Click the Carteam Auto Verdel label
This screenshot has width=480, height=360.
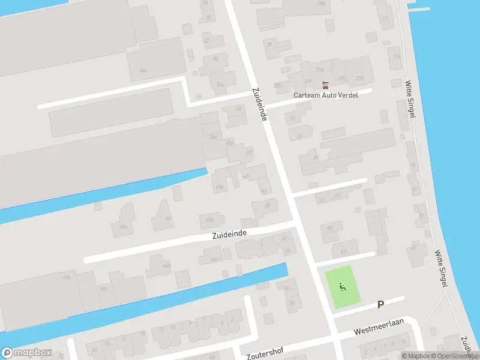[325, 95]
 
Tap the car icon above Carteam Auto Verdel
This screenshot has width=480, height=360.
[325, 85]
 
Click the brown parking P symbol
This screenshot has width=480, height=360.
[380, 305]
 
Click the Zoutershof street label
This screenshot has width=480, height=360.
[265, 351]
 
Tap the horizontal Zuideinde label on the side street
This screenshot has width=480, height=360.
[229, 234]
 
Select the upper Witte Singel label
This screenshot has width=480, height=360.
[410, 99]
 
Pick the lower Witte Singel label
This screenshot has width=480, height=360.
[442, 268]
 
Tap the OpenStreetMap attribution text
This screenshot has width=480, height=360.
[452, 356]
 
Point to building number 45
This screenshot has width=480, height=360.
[329, 228]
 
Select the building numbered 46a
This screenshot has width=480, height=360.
[124, 227]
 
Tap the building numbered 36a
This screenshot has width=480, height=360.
[221, 85]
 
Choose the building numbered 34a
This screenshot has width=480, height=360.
[143, 70]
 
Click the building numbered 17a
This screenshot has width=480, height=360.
[395, 56]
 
